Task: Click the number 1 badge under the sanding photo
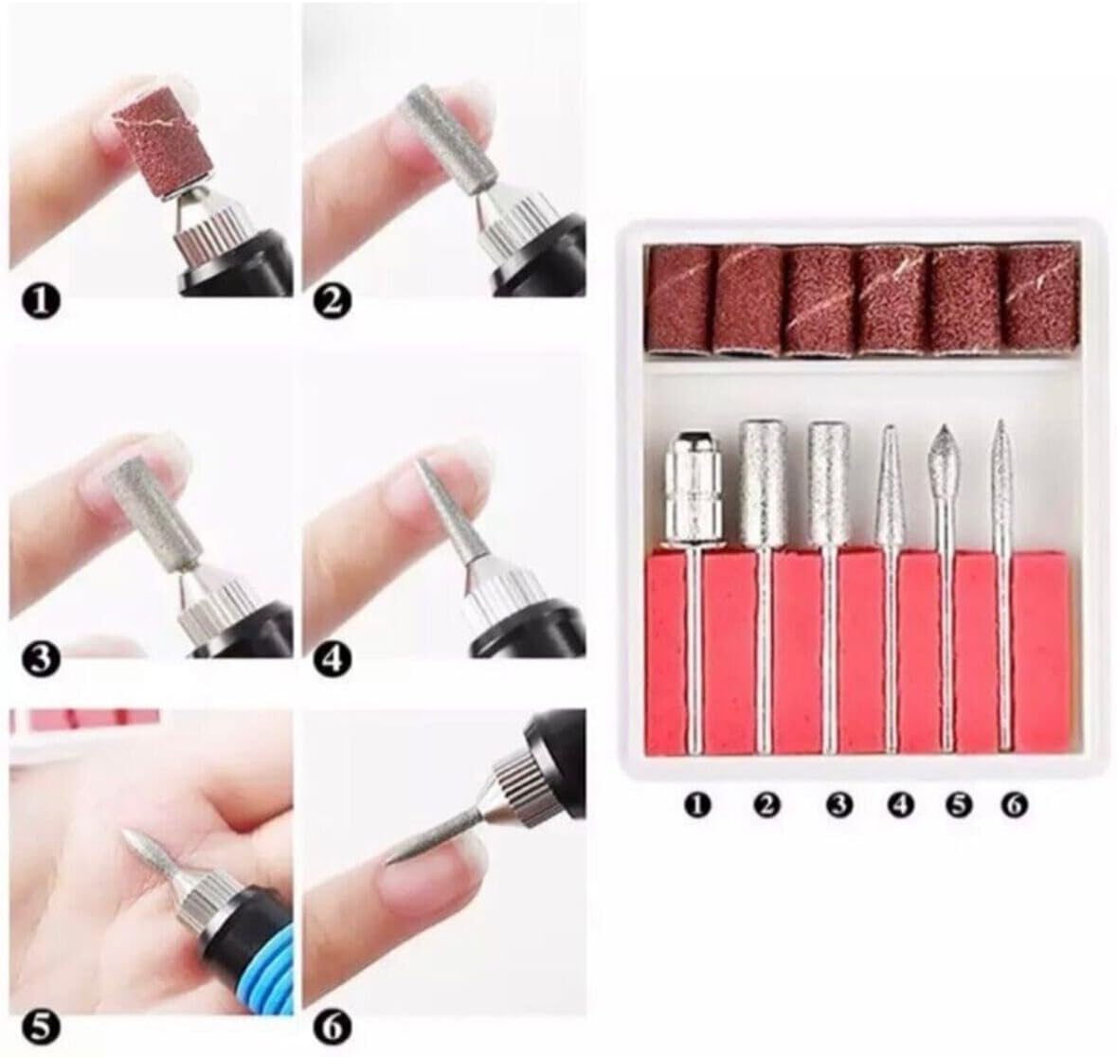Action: [43, 301]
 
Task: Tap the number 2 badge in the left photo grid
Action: [335, 302]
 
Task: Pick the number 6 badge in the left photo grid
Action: [335, 1027]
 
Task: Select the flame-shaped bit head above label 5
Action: [945, 464]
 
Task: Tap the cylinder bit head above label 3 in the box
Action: [828, 481]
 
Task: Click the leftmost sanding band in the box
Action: [680, 300]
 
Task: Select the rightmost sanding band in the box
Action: [1041, 300]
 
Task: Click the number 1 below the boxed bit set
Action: [698, 806]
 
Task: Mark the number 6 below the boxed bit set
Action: [1014, 805]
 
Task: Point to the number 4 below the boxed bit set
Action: [900, 806]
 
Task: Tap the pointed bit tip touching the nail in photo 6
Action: [389, 862]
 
